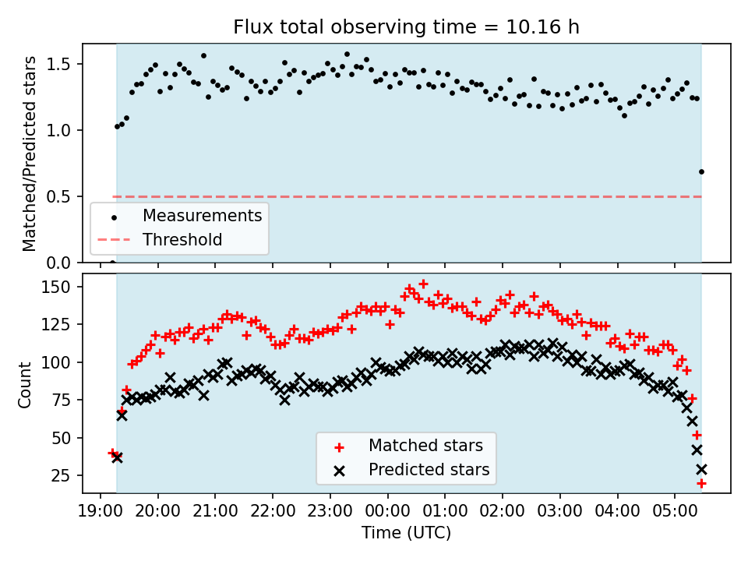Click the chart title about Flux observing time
pos(406,27)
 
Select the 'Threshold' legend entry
pos(182,239)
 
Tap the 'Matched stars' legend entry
pos(425,446)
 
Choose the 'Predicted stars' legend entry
pos(429,470)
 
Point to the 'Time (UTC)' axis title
pos(406,534)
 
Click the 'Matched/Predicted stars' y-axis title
pos(29,153)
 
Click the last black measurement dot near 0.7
pos(701,171)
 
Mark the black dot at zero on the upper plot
pos(112,263)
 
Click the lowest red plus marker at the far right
pos(701,483)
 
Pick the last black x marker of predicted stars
pos(701,469)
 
